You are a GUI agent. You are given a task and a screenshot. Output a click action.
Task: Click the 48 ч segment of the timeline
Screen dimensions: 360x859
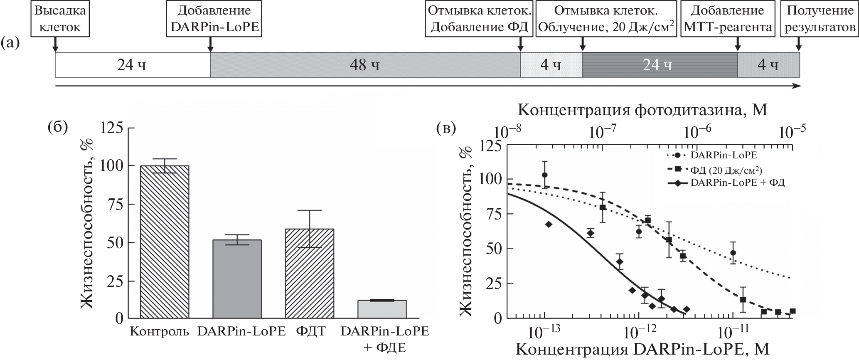(365, 65)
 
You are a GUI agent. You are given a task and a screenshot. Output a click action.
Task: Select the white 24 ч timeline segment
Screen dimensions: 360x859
(132, 65)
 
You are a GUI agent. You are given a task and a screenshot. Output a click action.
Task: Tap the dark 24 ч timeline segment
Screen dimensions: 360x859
(660, 65)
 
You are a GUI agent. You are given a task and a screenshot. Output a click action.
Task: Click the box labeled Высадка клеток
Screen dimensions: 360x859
(60, 19)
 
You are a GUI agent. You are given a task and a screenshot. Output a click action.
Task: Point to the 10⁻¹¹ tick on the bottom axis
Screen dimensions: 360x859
(732, 331)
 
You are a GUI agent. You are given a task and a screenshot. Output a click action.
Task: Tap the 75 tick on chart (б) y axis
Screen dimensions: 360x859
(112, 204)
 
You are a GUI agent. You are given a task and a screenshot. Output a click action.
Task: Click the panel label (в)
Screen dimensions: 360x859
(447, 129)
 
